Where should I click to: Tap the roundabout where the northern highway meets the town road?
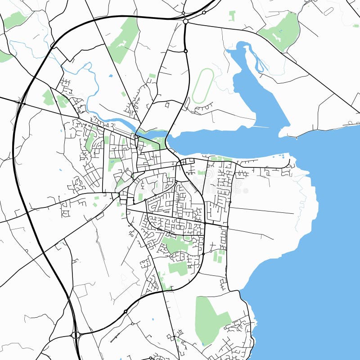(185, 21)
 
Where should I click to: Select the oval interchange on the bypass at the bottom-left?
(76, 335)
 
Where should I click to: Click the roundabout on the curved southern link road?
(125, 311)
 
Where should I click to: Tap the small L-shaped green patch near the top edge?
(232, 16)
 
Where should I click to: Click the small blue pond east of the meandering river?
(111, 76)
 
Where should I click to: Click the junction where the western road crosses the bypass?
(20, 103)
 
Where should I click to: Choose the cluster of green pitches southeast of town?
(219, 256)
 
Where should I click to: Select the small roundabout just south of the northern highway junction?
(185, 51)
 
